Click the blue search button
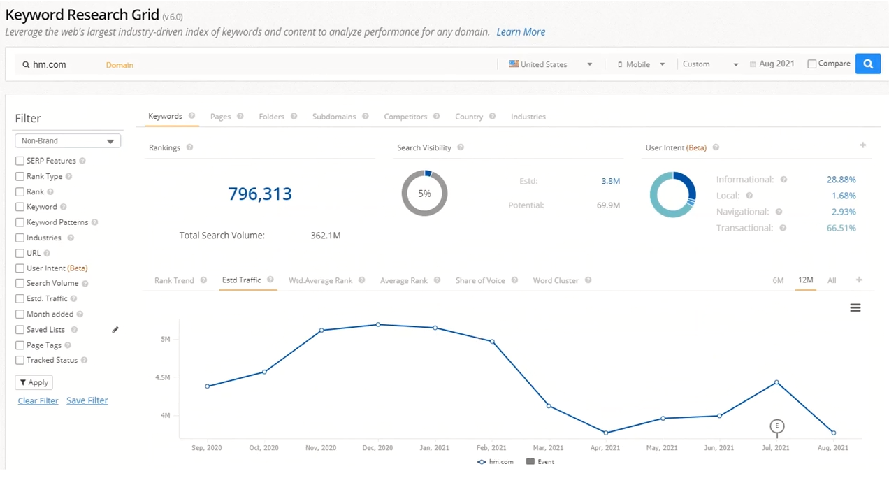(x=867, y=64)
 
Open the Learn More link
(x=521, y=32)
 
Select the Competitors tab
(x=405, y=117)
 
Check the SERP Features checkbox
(x=20, y=161)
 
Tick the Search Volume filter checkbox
(x=20, y=283)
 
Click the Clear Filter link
(x=38, y=400)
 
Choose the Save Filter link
(x=87, y=400)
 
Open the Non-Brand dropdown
(x=68, y=141)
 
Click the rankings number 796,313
(x=260, y=194)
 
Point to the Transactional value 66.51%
(x=841, y=228)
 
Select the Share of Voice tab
(x=480, y=280)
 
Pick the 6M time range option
(x=778, y=280)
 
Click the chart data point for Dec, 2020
(x=378, y=324)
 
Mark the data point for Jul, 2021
(x=776, y=382)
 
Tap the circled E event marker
(x=776, y=426)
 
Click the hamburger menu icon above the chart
(x=855, y=307)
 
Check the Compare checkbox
(x=811, y=64)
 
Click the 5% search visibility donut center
(x=424, y=194)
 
